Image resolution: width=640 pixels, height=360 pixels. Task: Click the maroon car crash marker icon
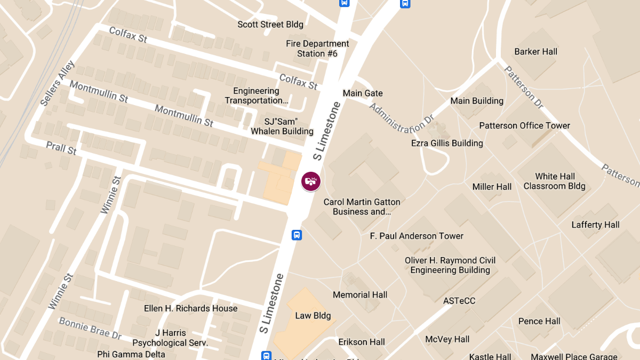coord(311,181)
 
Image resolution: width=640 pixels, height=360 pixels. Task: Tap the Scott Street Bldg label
coord(270,25)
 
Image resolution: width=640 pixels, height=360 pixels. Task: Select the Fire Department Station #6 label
coord(317,49)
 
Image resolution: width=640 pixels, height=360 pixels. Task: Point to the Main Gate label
coord(363,93)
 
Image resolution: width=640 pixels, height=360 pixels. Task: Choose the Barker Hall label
coord(535,52)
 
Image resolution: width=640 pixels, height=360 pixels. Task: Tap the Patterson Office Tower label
coord(524,126)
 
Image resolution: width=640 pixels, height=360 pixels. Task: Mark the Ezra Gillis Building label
coord(447,143)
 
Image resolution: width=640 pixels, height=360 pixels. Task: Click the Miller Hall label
coord(492,187)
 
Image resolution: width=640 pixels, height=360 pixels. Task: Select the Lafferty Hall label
coord(595,225)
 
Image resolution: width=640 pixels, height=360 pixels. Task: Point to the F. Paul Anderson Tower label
coord(417,236)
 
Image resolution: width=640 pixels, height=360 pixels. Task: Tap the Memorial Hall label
coord(360,295)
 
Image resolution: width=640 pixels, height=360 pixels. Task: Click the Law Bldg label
coord(313,316)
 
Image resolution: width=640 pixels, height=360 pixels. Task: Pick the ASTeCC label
coord(459,301)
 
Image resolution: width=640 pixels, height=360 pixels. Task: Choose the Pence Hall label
coord(539,321)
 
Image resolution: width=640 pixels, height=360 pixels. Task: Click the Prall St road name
coord(61,148)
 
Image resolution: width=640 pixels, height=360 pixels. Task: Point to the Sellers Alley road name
coord(58,83)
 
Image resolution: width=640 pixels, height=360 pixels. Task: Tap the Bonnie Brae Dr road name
coord(90,329)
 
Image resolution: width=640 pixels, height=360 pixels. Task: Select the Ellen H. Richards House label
coord(190,308)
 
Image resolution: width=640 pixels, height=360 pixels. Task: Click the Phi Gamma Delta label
coord(131,354)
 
